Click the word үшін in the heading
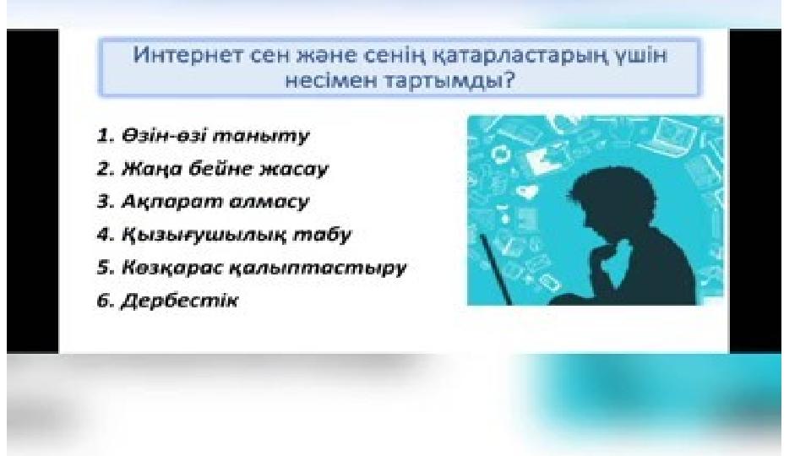point(640,56)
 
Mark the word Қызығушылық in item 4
point(204,236)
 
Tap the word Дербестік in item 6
point(179,301)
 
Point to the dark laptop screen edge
point(496,269)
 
